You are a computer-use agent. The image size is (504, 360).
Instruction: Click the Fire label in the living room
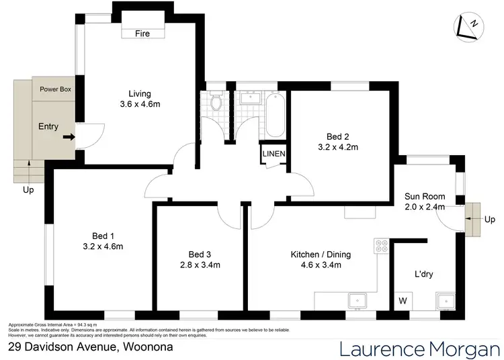click(142, 33)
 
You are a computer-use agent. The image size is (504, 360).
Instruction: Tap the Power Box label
click(55, 89)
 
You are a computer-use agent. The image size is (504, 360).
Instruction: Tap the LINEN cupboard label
click(274, 154)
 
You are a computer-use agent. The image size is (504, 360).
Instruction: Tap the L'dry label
click(424, 273)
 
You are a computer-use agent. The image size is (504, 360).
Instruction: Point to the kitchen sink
click(358, 300)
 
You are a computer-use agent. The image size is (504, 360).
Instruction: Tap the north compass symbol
click(469, 25)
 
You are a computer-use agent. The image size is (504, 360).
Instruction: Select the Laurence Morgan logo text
click(419, 349)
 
